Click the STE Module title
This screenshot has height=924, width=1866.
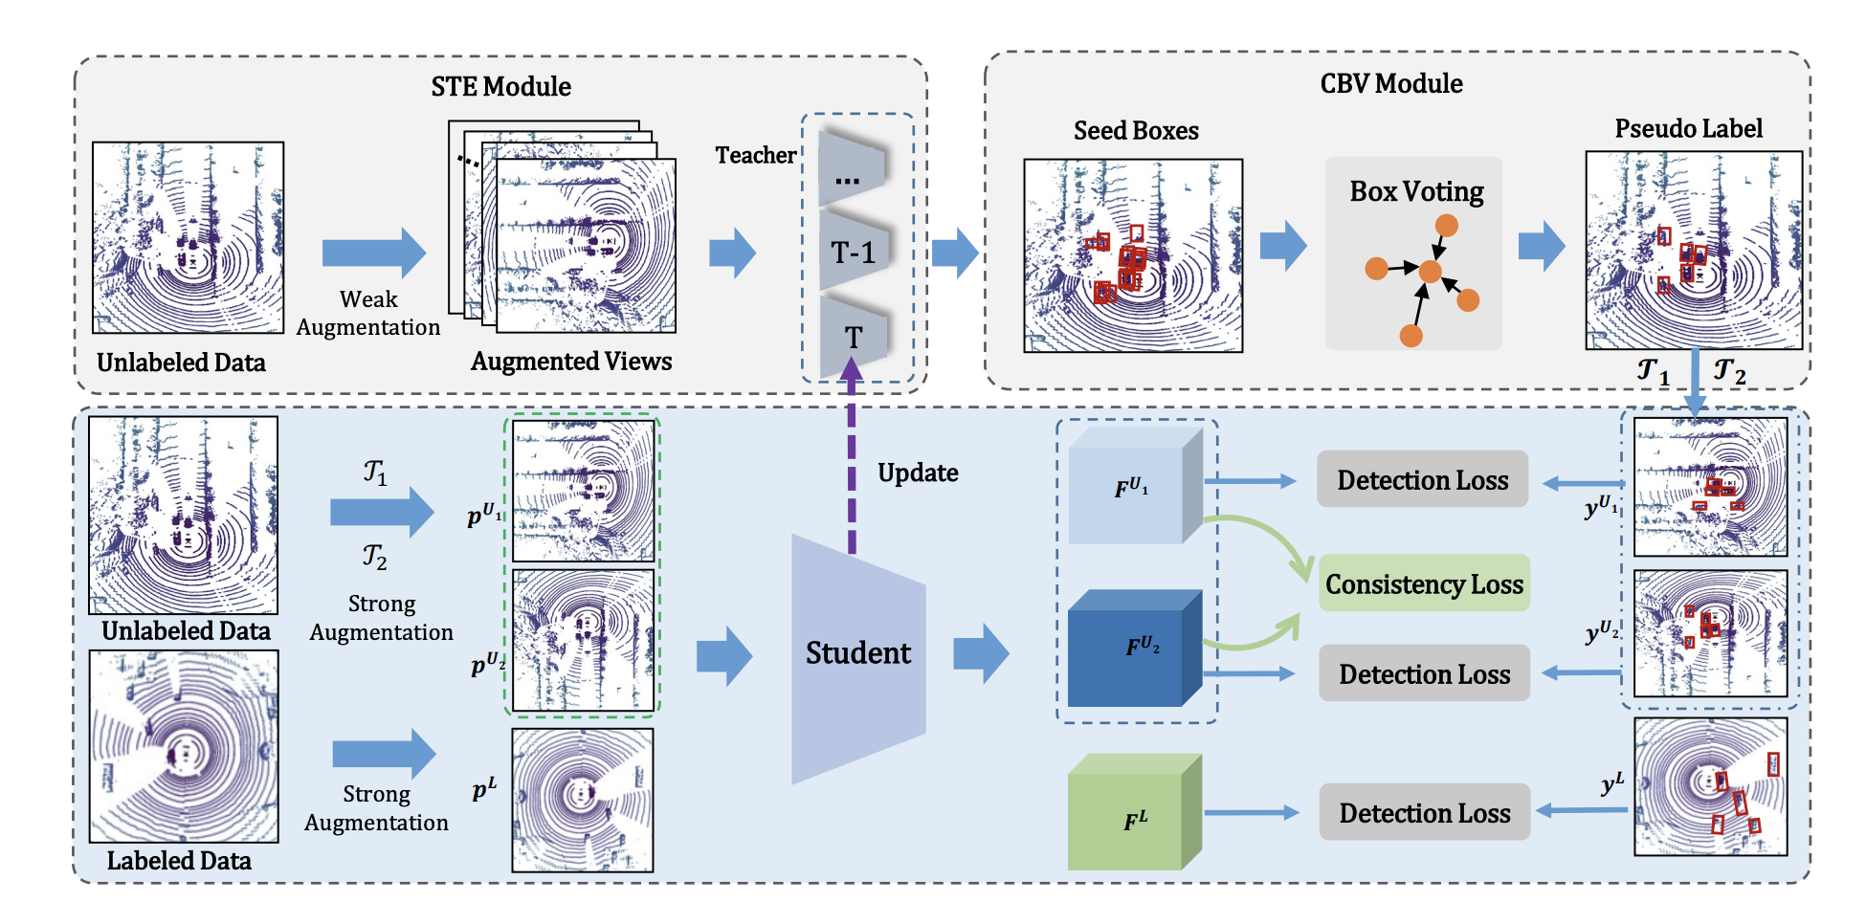coord(500,87)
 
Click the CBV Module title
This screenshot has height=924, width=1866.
coord(1390,84)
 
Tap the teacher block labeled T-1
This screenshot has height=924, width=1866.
coord(853,253)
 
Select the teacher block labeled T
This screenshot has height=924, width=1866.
coord(853,337)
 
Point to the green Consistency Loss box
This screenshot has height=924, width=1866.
coord(1424,583)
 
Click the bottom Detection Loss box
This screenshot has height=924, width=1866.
coord(1424,813)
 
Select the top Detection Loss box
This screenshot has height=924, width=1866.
coord(1422,480)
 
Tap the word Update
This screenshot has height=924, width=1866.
coord(918,473)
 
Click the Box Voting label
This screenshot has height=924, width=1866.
coord(1416,192)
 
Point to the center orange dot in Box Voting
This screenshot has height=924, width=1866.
coord(1430,272)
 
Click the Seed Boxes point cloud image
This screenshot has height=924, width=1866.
coord(1133,256)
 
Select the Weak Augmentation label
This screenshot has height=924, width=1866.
coord(368,314)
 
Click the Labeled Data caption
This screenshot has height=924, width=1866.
coord(179,861)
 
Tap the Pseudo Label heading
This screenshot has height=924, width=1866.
coord(1688,129)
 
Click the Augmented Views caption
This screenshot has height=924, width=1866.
coord(571,362)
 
